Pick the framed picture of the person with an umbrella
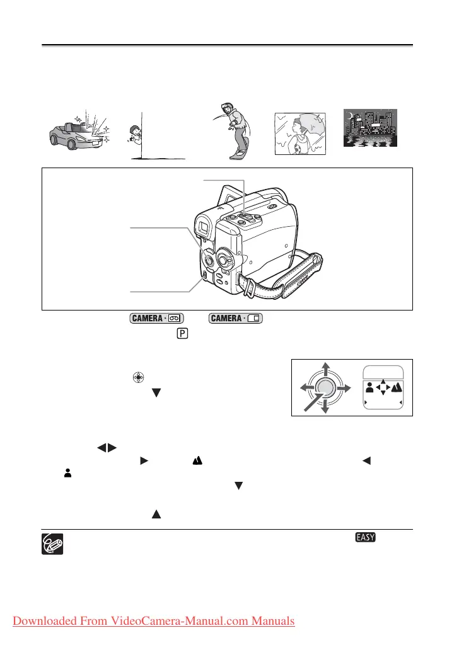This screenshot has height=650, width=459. click(x=300, y=133)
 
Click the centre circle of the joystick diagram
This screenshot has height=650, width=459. click(x=325, y=389)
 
